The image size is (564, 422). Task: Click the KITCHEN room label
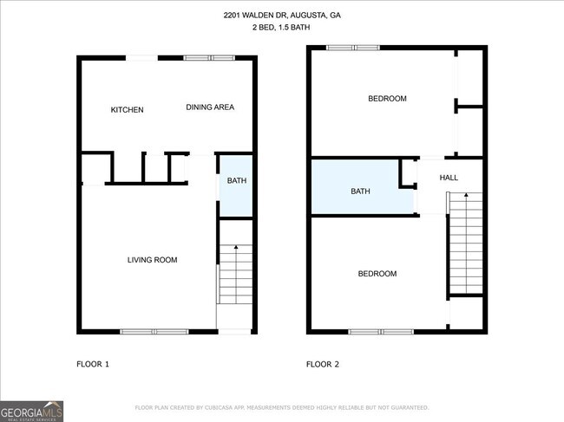[x=127, y=110]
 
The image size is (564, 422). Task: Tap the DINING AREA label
[x=210, y=107]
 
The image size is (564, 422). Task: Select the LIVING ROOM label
[x=152, y=260]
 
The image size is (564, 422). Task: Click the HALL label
[x=449, y=178]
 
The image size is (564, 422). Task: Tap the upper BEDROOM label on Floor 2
[x=387, y=99]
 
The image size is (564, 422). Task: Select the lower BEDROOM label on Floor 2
[x=377, y=274]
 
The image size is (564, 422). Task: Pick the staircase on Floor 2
[x=465, y=243]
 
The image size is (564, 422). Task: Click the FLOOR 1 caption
[x=93, y=364]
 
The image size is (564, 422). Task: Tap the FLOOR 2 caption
[x=322, y=364]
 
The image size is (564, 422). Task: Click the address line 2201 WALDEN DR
[x=282, y=16]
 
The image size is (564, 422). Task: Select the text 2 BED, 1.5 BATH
[x=282, y=29]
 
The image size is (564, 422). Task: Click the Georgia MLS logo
[x=32, y=410]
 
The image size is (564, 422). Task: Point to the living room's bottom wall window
[x=154, y=331]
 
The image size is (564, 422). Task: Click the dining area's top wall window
[x=209, y=58]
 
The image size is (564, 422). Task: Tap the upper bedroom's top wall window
[x=352, y=48]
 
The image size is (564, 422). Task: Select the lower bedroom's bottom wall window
[x=381, y=331]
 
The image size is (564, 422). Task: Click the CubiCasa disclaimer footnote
[x=281, y=407]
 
